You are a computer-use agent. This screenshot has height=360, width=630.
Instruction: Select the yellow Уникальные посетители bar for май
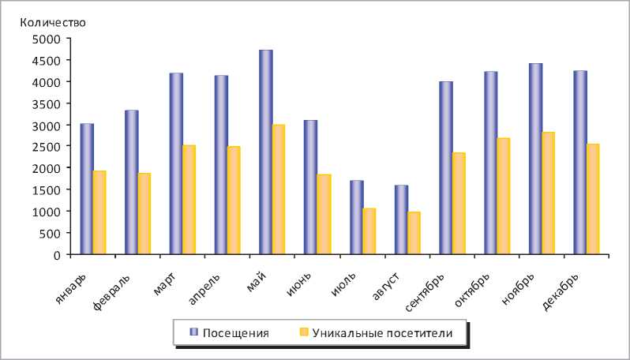point(279,189)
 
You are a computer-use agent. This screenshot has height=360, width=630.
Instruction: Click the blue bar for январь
point(86,189)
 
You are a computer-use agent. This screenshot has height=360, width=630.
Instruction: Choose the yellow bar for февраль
point(144,214)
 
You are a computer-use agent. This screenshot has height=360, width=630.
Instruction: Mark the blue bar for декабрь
point(579,163)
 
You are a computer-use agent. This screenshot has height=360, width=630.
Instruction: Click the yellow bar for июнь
point(324,215)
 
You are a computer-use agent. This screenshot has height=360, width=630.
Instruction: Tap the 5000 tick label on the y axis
point(46,39)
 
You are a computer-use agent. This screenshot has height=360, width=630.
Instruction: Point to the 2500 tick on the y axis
point(46,147)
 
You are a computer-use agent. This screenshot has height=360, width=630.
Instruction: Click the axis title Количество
point(53,22)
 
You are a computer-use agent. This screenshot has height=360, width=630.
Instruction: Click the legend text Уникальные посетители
point(382,333)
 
